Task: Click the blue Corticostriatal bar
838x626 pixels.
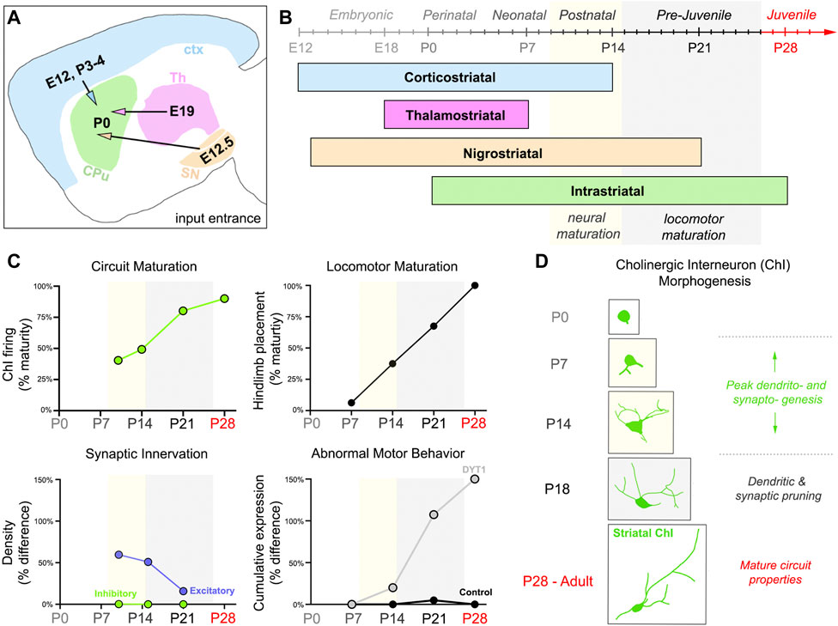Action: [455, 77]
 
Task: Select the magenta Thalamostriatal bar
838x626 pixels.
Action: [456, 114]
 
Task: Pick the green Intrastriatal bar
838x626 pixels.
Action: [609, 191]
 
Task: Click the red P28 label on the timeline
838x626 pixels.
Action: [785, 46]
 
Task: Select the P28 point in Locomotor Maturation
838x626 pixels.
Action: [474, 285]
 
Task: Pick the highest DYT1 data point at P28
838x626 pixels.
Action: [474, 479]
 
